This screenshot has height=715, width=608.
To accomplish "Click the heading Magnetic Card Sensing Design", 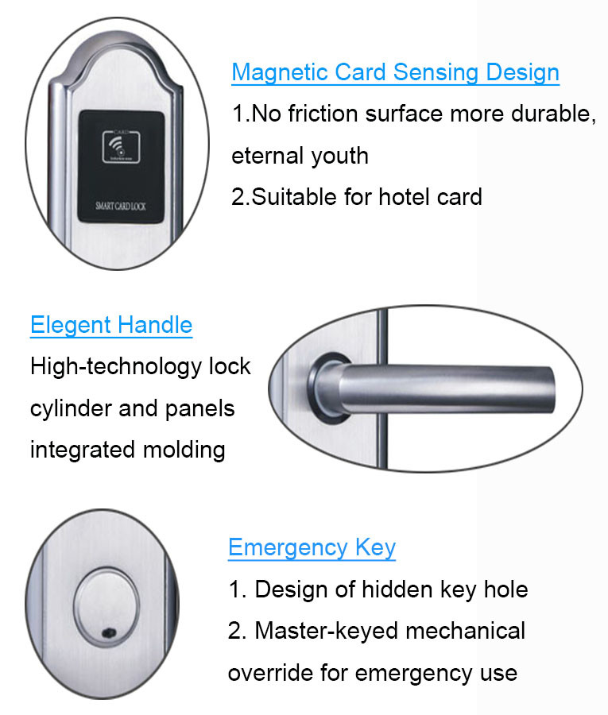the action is [x=396, y=72].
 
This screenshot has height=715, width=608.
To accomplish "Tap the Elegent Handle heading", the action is [x=111, y=325].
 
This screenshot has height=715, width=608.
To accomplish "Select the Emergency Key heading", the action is [x=312, y=547].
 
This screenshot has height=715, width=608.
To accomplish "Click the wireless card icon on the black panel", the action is [x=122, y=147].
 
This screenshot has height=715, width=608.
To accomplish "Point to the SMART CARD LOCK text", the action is [x=121, y=206].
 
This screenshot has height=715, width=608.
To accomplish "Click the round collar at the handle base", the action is [x=327, y=388].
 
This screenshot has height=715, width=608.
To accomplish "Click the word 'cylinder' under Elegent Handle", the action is [x=71, y=408].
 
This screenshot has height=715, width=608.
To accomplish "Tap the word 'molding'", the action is [x=184, y=450].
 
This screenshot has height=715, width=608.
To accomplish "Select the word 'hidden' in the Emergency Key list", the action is [x=397, y=589].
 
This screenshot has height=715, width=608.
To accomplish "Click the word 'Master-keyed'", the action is [x=327, y=632].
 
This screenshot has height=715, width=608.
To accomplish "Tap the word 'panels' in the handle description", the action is [x=199, y=409].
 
